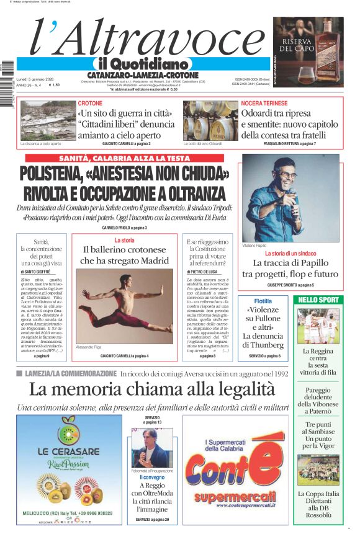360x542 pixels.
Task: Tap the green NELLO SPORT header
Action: point(318,300)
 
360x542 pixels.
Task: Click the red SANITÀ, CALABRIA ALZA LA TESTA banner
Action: point(124,158)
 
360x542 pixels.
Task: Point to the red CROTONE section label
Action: point(91,103)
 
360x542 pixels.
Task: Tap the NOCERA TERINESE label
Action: point(264,103)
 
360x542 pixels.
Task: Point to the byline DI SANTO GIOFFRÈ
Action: point(37,272)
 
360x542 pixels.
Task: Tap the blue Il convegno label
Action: point(153,478)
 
